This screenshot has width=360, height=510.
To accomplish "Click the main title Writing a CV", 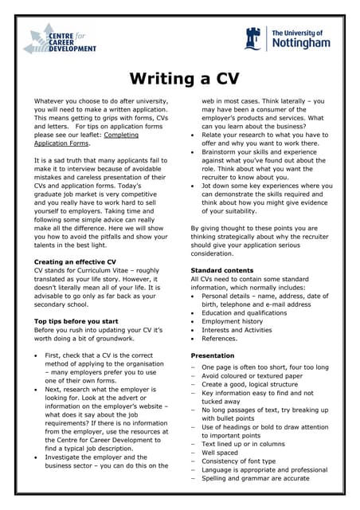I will (x=179, y=79).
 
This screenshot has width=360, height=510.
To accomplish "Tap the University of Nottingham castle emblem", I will (x=254, y=37).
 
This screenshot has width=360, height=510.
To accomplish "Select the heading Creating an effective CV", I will (x=76, y=261).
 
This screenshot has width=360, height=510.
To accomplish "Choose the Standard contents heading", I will (x=222, y=270).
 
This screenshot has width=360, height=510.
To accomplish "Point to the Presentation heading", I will (x=213, y=355).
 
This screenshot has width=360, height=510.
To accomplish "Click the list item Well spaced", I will (x=221, y=452).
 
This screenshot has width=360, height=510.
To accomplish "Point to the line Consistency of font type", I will (x=239, y=461).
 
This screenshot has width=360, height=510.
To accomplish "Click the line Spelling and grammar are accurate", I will (x=254, y=479).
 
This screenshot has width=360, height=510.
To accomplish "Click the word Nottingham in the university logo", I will (x=300, y=43).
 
